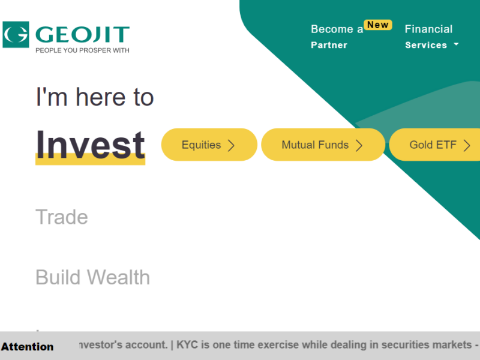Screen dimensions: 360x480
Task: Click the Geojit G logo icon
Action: (15, 35)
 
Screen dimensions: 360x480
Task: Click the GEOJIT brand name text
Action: (82, 34)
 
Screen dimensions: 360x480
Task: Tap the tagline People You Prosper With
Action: (82, 50)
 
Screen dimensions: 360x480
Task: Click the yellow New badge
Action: (378, 25)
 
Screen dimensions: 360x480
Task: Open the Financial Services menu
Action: (428, 37)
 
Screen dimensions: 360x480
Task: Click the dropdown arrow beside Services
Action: (456, 44)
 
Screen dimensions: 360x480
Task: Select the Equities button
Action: (209, 145)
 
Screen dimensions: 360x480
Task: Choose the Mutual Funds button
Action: (323, 145)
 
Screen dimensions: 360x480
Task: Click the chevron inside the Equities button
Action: (231, 145)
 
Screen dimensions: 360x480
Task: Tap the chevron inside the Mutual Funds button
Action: (359, 145)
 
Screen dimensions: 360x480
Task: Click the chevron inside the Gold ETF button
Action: (466, 145)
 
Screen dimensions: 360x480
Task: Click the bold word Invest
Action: (90, 144)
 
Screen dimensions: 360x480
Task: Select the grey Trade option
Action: (62, 217)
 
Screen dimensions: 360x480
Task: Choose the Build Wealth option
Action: (92, 277)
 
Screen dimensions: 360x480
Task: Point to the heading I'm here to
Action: (95, 97)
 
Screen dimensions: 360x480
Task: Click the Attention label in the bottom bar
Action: (27, 347)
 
